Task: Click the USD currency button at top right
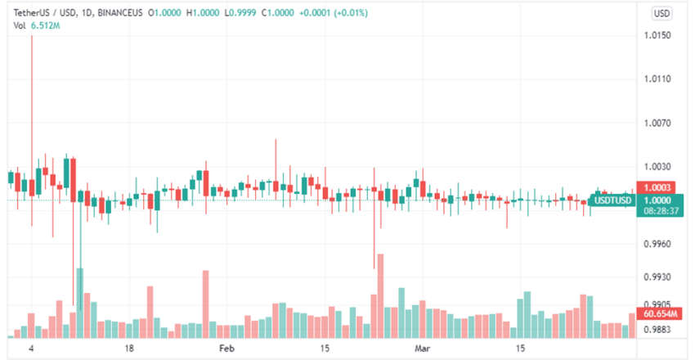[661, 13]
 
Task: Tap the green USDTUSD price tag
[612, 200]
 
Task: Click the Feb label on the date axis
[227, 348]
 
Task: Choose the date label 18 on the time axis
[129, 348]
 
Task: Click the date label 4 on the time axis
[31, 348]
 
